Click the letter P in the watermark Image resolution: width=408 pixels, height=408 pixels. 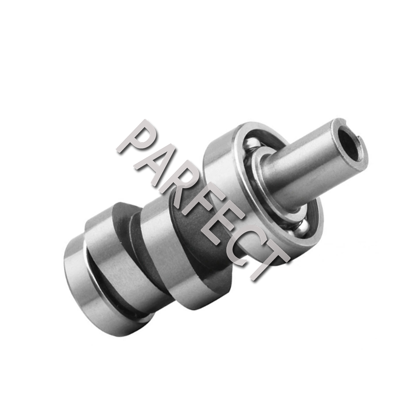tap(134, 139)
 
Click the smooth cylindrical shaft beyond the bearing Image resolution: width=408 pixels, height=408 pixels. tap(306, 163)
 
